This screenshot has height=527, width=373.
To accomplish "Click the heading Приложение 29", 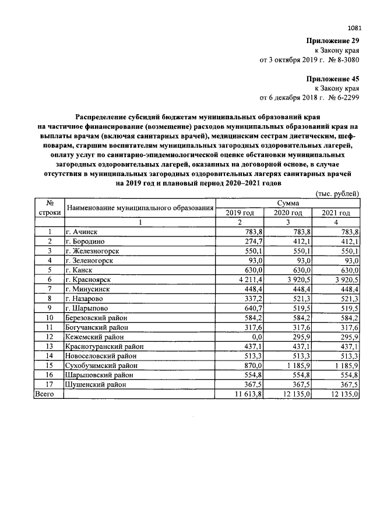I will [333, 41].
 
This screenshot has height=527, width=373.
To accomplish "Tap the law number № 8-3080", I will [344, 60].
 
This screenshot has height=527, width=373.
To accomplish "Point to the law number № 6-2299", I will [344, 97].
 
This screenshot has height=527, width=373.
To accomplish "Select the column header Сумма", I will [288, 203].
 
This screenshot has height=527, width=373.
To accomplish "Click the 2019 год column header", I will [240, 213].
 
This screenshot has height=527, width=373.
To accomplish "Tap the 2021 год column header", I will [337, 213].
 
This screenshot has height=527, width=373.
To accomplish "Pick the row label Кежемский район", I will [95, 337].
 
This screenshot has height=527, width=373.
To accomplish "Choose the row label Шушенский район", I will [96, 384].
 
